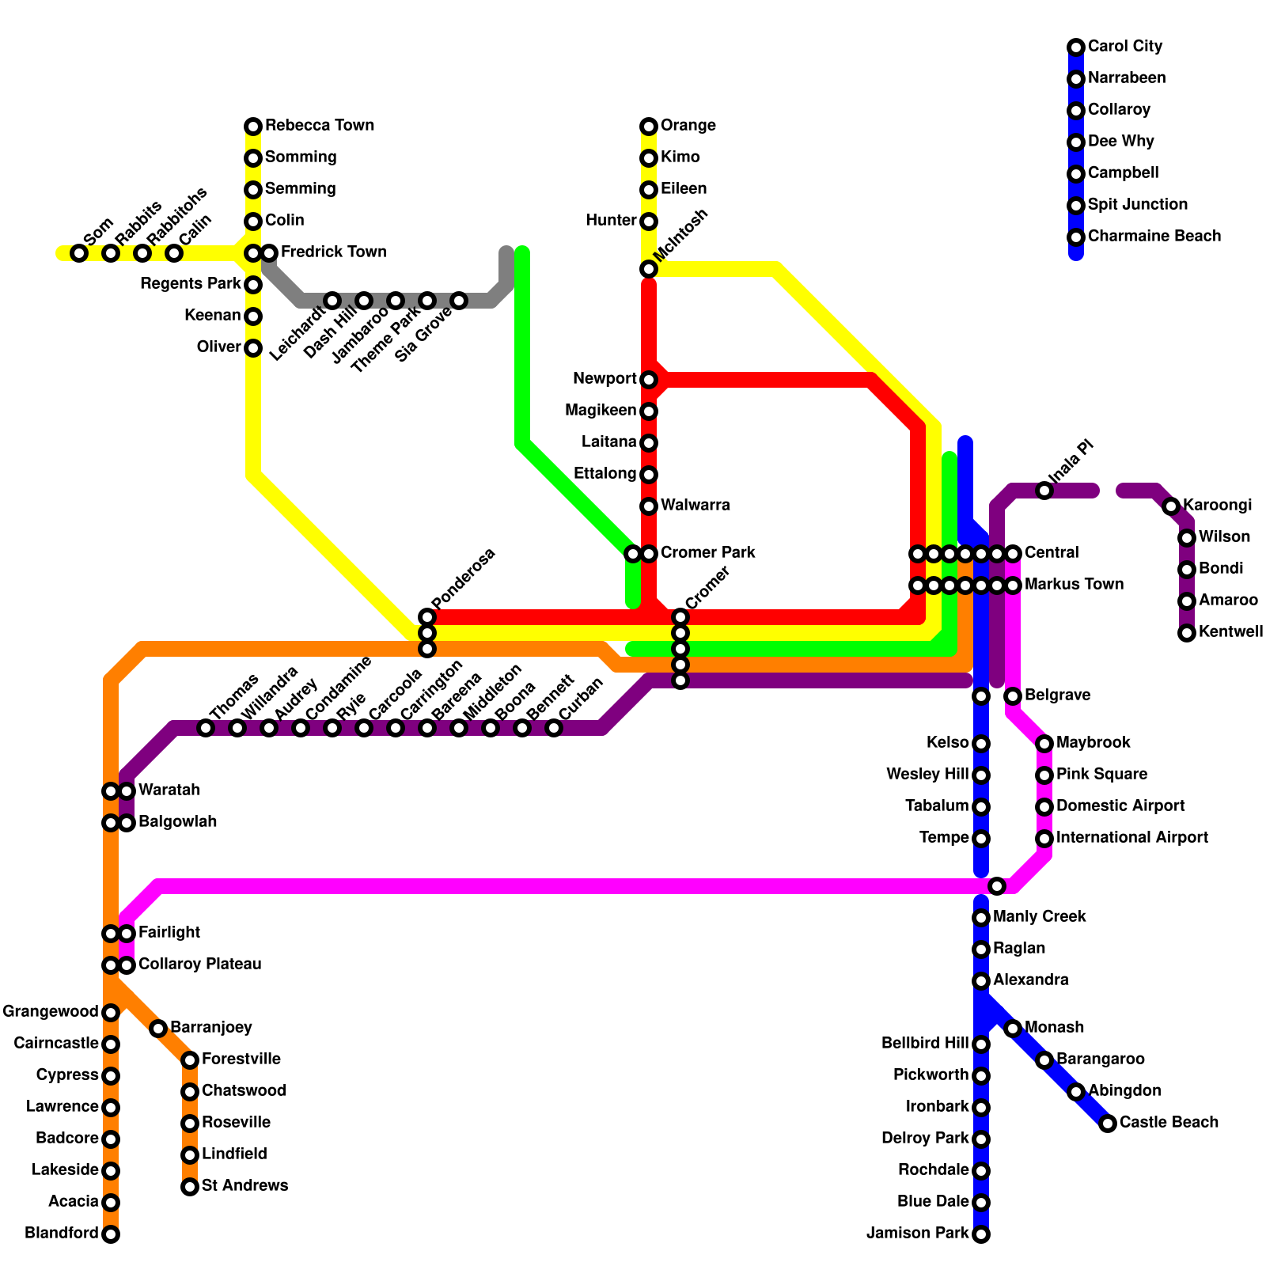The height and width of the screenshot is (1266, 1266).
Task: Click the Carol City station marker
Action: pos(1076,47)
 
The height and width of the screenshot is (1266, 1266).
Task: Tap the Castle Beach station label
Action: pos(1169,1123)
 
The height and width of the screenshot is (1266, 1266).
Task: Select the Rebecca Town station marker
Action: pos(253,127)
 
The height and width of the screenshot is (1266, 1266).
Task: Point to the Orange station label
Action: pos(688,126)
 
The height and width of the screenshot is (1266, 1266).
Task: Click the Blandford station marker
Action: pos(111,1234)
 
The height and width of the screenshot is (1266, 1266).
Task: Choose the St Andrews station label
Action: pos(244,1186)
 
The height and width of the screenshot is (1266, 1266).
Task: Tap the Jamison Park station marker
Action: pos(981,1234)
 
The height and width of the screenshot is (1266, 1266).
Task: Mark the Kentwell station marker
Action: pos(1187,633)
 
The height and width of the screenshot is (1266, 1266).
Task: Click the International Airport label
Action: pos(1131,838)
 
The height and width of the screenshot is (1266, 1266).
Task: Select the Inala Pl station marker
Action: pos(1044,491)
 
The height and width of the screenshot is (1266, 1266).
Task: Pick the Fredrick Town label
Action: pos(333,252)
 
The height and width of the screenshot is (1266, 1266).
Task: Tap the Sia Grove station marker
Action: pos(459,301)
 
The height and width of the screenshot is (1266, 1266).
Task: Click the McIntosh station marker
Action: pos(649,269)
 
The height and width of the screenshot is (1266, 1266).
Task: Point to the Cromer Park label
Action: pos(707,553)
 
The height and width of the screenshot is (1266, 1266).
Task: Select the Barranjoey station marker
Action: pos(158,1029)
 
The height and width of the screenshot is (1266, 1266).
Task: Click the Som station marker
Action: pos(79,253)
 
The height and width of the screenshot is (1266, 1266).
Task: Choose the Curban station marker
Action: pos(554,728)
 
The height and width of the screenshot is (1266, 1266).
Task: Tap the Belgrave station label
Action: pos(1057,696)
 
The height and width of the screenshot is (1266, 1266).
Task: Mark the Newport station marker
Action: pos(649,380)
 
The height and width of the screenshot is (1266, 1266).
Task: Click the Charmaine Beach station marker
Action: pos(1076,237)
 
